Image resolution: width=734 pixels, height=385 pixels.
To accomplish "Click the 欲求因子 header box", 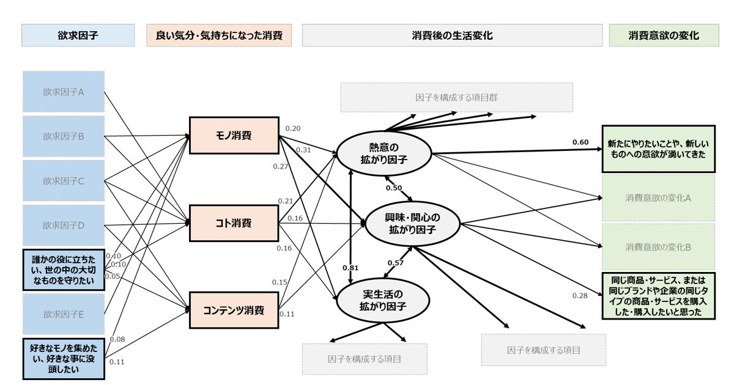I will (x=78, y=35).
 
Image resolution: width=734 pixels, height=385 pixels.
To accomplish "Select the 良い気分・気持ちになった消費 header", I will (x=218, y=35).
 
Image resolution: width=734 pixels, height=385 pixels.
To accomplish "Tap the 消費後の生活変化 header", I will (x=452, y=35).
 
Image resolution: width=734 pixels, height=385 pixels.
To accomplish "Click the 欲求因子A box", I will (x=64, y=92).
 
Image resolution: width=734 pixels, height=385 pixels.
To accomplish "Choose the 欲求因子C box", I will (x=64, y=181).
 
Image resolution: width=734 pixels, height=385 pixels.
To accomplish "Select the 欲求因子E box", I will (x=64, y=314).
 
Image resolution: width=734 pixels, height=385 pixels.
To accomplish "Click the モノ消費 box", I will (x=234, y=136).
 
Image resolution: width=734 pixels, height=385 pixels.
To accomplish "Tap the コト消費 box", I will (x=234, y=223).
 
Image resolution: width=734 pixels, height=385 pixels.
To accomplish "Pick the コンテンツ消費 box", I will (x=234, y=310).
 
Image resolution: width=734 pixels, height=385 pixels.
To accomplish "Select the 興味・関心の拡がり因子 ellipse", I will (x=412, y=224).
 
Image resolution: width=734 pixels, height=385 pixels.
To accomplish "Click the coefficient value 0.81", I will (x=350, y=267).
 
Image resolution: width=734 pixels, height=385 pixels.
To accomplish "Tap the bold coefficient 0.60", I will (x=580, y=142).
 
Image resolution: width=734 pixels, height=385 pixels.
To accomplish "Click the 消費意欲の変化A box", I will (x=658, y=198).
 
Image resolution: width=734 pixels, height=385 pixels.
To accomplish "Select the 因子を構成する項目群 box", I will (x=456, y=97).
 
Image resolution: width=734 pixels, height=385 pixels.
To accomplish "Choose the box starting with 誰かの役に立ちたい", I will (x=64, y=269).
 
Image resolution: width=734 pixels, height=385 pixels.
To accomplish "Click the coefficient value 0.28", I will (x=580, y=296).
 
